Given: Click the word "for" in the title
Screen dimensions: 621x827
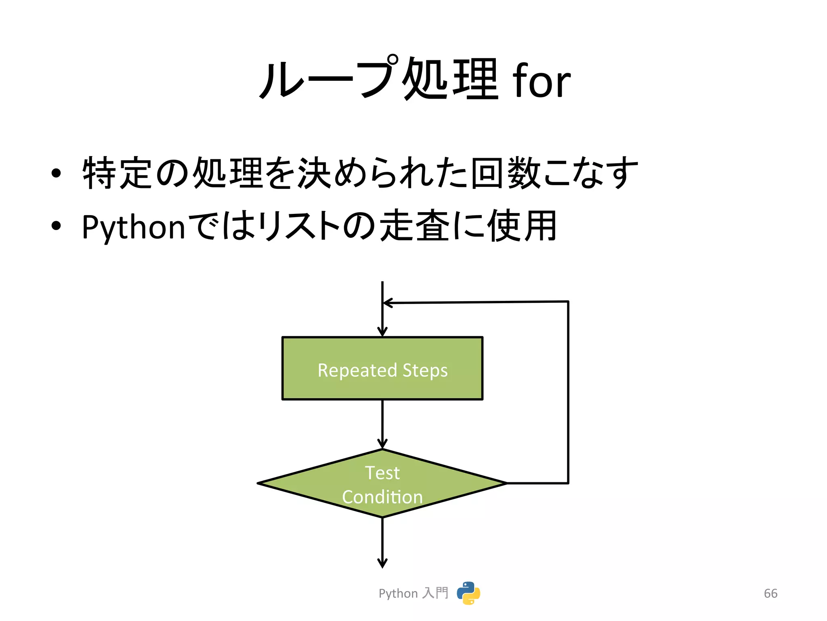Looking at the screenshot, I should coord(541,81).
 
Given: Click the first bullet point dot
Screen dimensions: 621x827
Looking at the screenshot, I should coord(56,173).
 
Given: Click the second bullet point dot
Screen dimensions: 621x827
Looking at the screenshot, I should coord(56,226).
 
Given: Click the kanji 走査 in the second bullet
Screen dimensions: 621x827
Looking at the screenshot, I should coord(416,226).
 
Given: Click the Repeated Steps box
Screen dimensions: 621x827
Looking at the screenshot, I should coord(382,368).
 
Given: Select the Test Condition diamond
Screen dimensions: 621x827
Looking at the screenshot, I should coord(382,484).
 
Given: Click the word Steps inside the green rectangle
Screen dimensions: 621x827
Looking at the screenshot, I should coord(425,370).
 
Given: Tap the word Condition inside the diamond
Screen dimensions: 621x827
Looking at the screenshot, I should coord(382,497).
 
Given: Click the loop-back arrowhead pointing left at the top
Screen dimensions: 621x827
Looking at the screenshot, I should coord(388,303).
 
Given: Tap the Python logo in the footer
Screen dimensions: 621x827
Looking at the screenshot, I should coord(468,593).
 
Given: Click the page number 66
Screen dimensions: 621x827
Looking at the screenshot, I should coord(770,594).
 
